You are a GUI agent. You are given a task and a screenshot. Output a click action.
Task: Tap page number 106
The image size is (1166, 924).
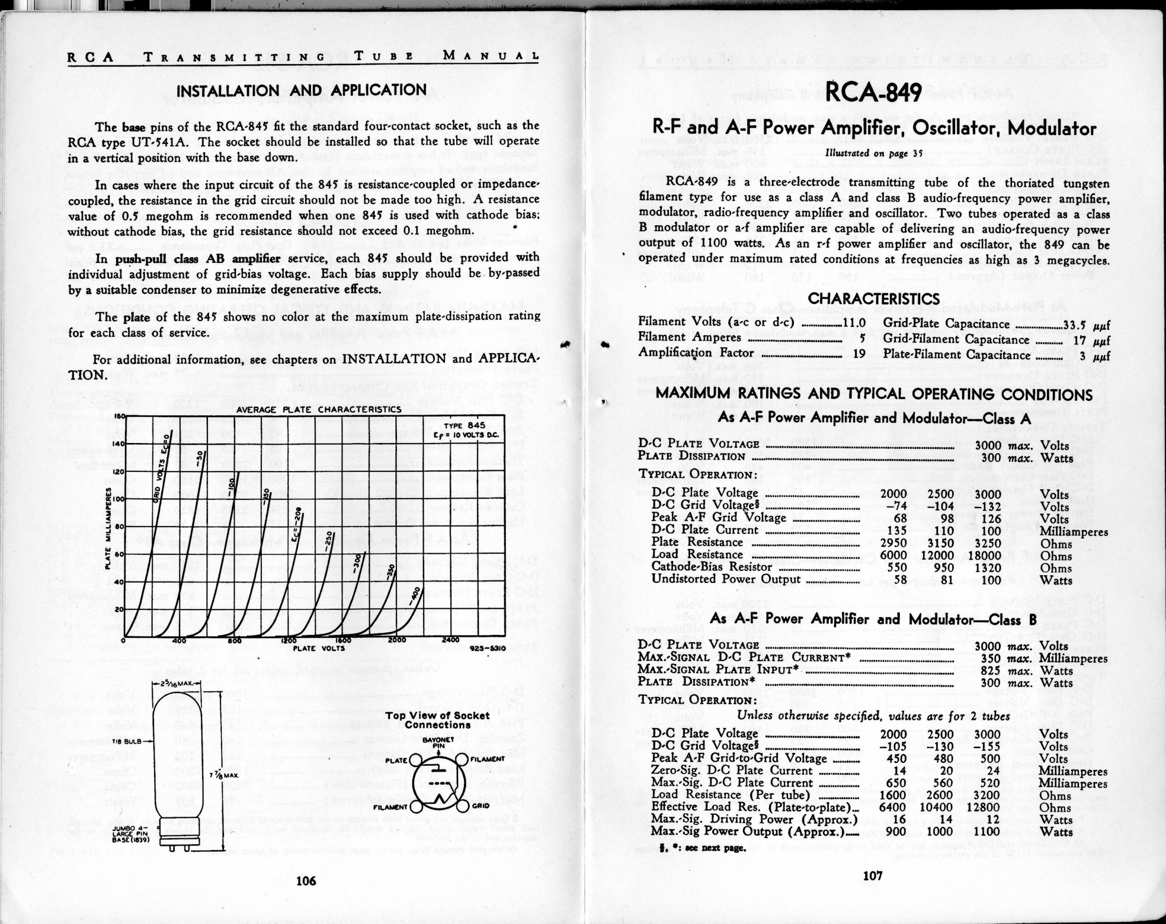click(x=306, y=881)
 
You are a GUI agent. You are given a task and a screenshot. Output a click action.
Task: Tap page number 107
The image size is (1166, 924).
click(x=873, y=876)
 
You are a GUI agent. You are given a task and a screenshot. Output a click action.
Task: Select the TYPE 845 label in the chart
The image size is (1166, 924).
click(x=469, y=426)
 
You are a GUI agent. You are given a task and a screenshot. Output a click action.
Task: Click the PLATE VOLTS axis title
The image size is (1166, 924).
click(x=319, y=648)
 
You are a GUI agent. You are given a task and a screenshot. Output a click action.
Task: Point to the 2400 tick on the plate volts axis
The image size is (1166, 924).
click(x=450, y=640)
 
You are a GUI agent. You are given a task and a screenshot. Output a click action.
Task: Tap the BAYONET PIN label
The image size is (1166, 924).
click(x=438, y=743)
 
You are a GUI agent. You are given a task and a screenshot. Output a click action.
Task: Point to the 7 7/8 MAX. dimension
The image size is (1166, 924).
click(x=215, y=776)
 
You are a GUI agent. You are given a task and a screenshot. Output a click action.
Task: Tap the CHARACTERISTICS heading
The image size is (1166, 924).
click(x=874, y=299)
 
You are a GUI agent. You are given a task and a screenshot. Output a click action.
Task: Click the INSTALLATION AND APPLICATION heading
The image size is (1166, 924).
click(x=302, y=90)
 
